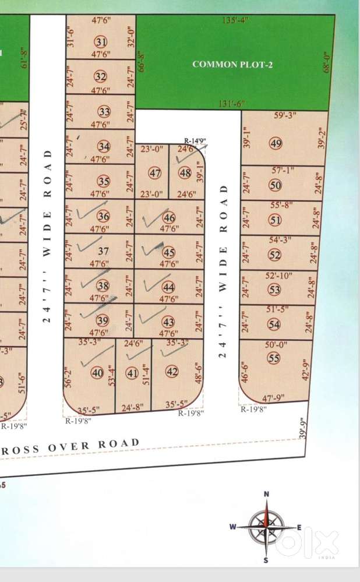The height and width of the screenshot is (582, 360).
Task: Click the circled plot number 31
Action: pos(101,41)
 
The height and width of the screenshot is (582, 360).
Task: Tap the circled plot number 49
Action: pos(276,144)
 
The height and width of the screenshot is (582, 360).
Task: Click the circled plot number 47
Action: pos(155,173)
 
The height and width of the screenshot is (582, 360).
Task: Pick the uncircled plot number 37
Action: pos(103,251)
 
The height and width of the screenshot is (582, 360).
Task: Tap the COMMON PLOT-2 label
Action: pos(232,64)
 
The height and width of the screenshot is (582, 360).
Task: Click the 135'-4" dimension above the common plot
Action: pos(235,20)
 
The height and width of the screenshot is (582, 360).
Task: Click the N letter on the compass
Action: pos(266,494)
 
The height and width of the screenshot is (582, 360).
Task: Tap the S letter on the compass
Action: pos(266,560)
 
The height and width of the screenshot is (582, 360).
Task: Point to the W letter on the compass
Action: pos(232,527)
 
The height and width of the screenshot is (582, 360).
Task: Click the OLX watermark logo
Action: pos(307,543)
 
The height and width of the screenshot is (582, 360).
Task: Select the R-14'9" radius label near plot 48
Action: pos(196,140)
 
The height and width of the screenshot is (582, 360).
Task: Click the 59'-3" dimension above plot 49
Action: pos(285,115)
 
